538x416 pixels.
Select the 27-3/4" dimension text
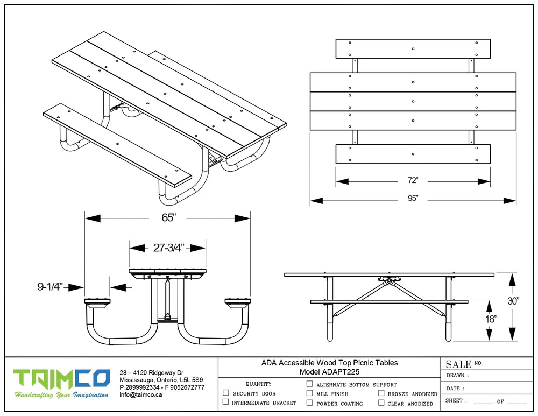168,248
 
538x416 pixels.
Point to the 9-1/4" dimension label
51,287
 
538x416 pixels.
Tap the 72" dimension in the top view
413,181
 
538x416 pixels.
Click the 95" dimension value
413,199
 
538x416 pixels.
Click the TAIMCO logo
62,378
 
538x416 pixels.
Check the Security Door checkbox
226,393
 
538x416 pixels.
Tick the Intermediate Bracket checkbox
226,402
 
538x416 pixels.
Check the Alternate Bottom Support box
309,384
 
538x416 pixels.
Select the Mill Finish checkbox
309,393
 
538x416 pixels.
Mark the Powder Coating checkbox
309,403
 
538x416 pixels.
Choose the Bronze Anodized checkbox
381,393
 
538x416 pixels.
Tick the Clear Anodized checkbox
381,403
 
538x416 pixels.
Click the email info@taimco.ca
140,395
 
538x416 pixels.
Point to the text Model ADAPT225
329,372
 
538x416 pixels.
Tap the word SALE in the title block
458,364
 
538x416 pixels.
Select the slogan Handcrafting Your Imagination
62,396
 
